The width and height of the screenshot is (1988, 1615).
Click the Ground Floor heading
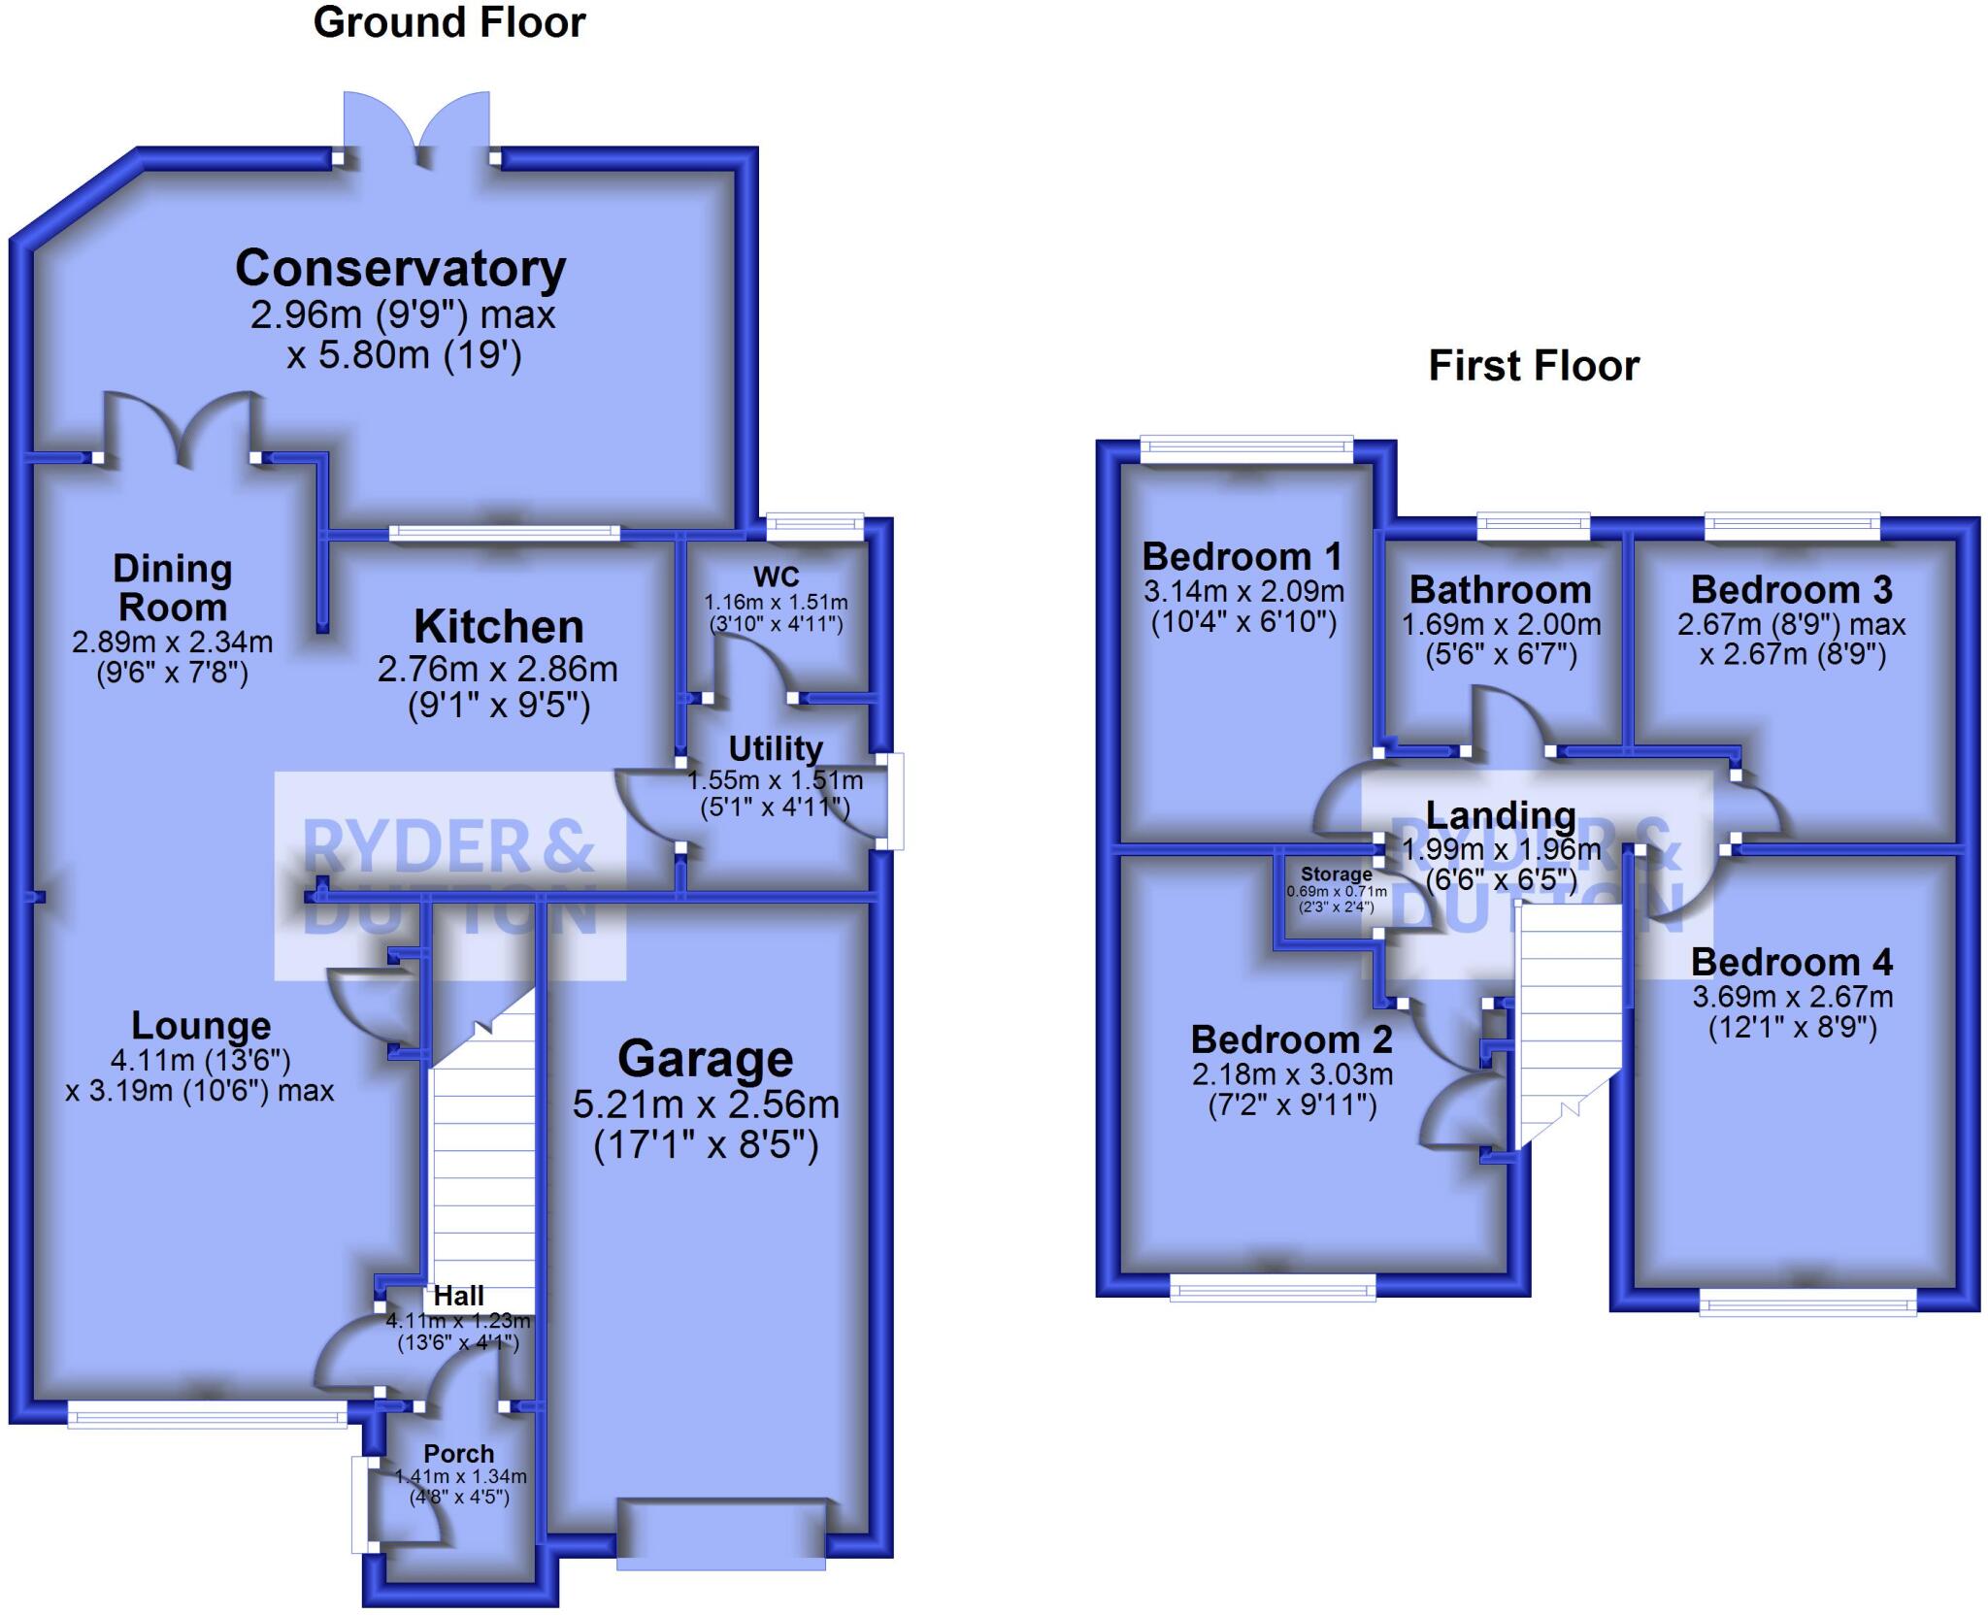point(448,23)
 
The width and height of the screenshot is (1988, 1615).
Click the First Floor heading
point(1534,366)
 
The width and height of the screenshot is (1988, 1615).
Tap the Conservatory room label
point(400,269)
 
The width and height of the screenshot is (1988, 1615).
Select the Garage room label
point(705,1059)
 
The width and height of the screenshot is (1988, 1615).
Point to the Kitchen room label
point(498,627)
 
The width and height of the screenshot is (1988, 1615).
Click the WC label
point(776,577)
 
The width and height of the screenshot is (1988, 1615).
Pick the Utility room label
point(775,749)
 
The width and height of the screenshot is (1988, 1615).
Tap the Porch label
point(458,1454)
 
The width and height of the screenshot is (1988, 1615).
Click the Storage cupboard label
point(1336,873)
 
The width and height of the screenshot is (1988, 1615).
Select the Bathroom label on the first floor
point(1500,590)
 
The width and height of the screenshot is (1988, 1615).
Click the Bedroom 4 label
point(1791,962)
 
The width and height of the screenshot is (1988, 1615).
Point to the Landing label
point(1500,815)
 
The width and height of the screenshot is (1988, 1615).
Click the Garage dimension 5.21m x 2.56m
point(705,1104)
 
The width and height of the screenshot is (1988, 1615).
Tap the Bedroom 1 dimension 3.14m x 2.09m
point(1242,591)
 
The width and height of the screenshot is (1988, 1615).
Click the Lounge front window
point(207,1416)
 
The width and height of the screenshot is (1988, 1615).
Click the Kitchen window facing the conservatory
point(504,532)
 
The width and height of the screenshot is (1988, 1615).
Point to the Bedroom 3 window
point(1792,526)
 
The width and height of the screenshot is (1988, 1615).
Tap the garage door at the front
point(721,1534)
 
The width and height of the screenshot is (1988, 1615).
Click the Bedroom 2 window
point(1273,1288)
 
